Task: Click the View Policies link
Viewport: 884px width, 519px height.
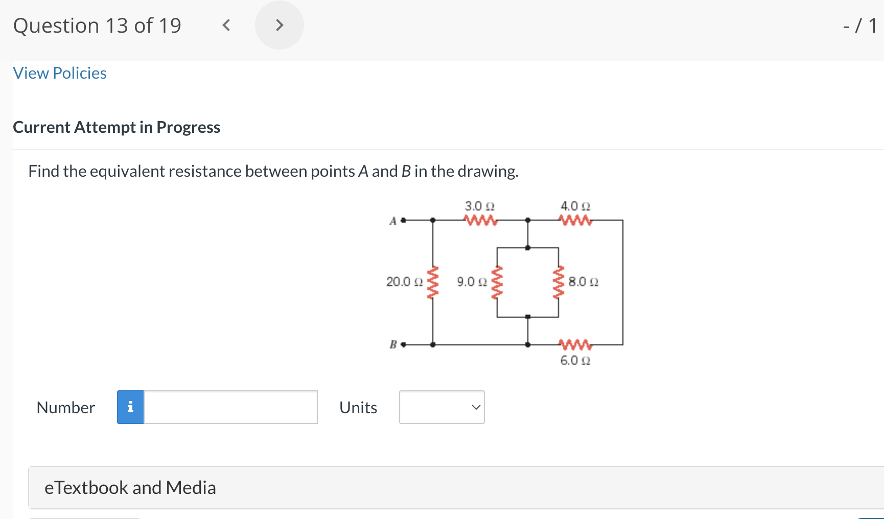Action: [60, 73]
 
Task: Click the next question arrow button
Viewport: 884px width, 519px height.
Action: [279, 25]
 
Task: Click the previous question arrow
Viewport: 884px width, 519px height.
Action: [226, 25]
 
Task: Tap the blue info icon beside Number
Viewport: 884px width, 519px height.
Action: [130, 407]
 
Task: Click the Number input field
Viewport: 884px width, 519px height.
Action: [230, 407]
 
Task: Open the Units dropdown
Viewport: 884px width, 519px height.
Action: [441, 407]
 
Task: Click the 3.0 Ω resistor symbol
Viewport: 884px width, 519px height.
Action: [480, 221]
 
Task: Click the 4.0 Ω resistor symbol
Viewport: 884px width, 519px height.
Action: [575, 221]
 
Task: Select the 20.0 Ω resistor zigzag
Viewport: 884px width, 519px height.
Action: [433, 282]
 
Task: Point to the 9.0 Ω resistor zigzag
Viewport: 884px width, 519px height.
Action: [497, 282]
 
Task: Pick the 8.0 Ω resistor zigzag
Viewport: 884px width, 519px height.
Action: [559, 282]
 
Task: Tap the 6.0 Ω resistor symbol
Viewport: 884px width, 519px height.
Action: [575, 344]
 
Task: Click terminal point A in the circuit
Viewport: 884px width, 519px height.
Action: [403, 220]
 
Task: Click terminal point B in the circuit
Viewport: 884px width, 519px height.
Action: [403, 345]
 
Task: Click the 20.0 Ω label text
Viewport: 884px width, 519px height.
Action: [404, 282]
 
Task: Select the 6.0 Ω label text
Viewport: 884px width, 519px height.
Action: [575, 361]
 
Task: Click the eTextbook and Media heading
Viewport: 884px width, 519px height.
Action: [130, 488]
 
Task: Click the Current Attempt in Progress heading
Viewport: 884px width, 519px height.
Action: [117, 127]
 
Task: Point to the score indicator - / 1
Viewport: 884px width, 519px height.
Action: [860, 26]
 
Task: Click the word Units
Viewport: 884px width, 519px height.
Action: [358, 408]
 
